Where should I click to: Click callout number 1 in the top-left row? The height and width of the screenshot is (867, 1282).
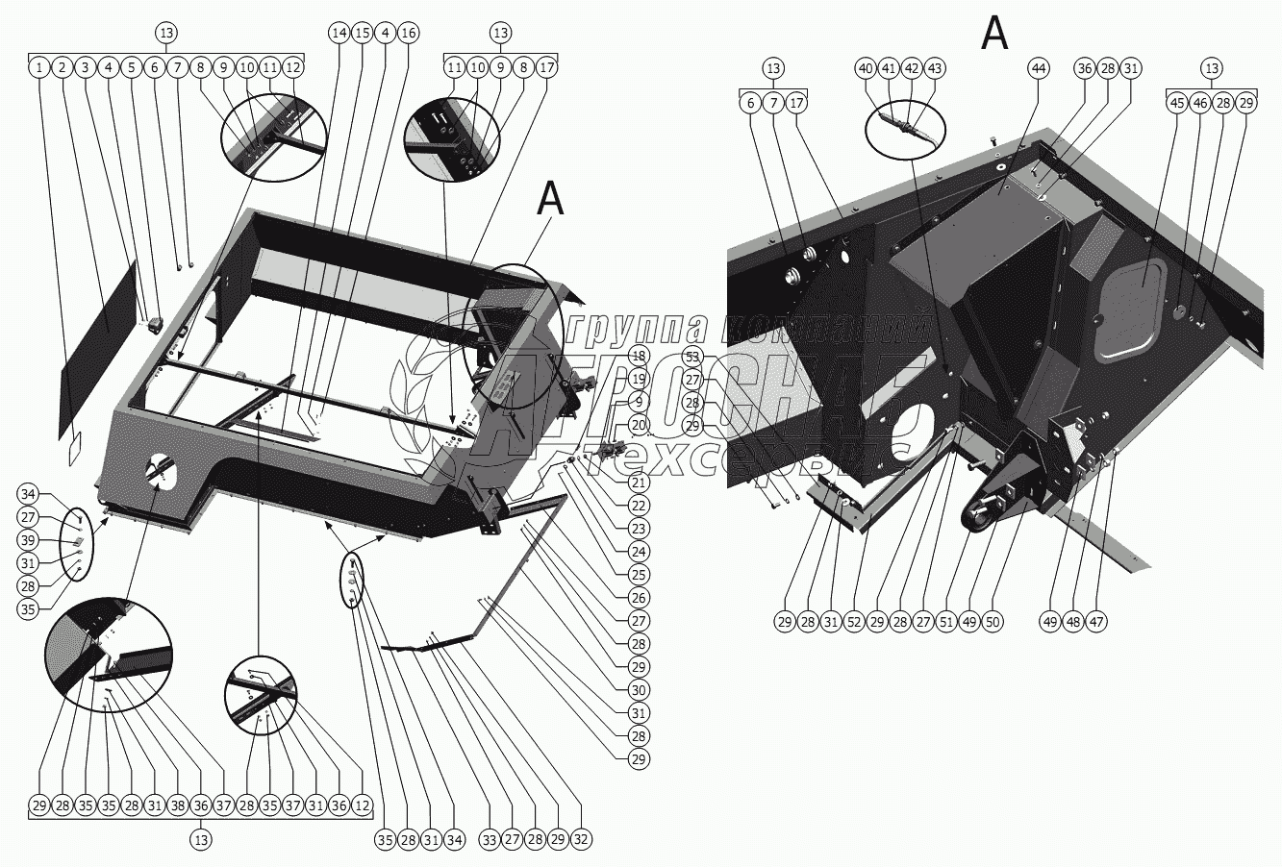(x=38, y=68)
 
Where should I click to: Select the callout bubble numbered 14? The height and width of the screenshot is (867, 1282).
(x=338, y=33)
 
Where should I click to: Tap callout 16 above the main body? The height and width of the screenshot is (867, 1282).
(x=408, y=33)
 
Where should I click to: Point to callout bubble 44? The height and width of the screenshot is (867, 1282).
(x=1039, y=68)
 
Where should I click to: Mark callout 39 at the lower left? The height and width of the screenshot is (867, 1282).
(x=29, y=541)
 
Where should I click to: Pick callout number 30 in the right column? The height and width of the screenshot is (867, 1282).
(x=640, y=690)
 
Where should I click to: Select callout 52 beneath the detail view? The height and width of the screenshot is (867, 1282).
(x=853, y=621)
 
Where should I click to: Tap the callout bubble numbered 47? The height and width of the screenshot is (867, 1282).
(x=1095, y=621)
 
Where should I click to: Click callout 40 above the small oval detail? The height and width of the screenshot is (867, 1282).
(x=866, y=68)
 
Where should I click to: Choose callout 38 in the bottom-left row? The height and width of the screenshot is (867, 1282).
(x=176, y=805)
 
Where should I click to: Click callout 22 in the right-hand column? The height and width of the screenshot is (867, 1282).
(x=640, y=506)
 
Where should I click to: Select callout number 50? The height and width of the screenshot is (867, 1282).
(x=992, y=621)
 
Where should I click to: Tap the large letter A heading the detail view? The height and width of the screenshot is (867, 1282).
(x=994, y=34)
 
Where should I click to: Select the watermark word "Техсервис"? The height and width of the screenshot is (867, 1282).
(x=731, y=461)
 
